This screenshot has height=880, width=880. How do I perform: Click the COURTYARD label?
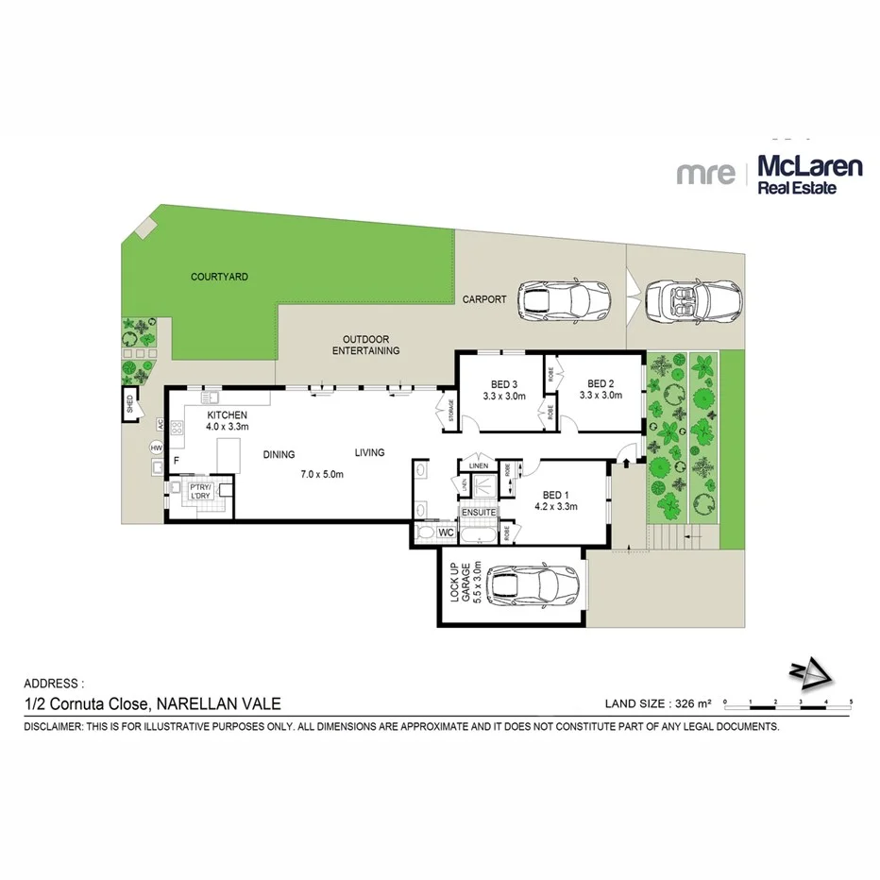tap(219, 277)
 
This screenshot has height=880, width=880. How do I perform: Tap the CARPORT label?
tap(484, 299)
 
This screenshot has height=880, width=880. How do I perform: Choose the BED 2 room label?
tap(601, 383)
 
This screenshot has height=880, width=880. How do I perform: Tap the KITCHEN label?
tap(228, 415)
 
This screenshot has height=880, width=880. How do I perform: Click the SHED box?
tap(129, 407)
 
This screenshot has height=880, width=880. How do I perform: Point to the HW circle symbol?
tap(156, 448)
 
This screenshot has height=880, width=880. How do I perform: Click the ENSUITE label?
tap(479, 513)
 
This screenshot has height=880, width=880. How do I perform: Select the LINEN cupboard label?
tap(478, 464)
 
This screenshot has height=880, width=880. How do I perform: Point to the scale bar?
tap(787, 702)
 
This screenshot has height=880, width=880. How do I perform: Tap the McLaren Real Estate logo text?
tap(810, 176)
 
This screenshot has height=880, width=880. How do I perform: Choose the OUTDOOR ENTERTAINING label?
tap(365, 345)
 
